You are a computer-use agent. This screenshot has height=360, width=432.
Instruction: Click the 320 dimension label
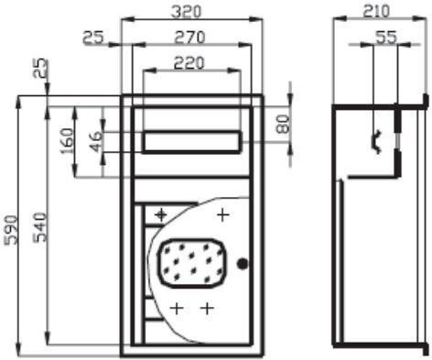(x=186, y=12)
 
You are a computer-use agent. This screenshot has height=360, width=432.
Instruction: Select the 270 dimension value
(x=189, y=38)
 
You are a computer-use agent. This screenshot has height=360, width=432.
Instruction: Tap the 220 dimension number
(x=189, y=63)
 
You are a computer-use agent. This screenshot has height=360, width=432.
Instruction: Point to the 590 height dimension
(x=11, y=230)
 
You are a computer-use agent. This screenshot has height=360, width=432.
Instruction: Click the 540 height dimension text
(x=40, y=227)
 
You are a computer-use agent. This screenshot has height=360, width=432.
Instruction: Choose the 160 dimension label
(x=67, y=141)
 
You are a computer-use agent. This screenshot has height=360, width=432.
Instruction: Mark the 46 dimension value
(x=96, y=142)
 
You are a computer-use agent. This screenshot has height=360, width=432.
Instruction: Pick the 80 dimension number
(x=283, y=124)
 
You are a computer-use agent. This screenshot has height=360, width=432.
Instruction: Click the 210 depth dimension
(x=376, y=12)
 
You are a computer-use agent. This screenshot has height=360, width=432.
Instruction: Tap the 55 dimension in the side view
(x=386, y=38)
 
